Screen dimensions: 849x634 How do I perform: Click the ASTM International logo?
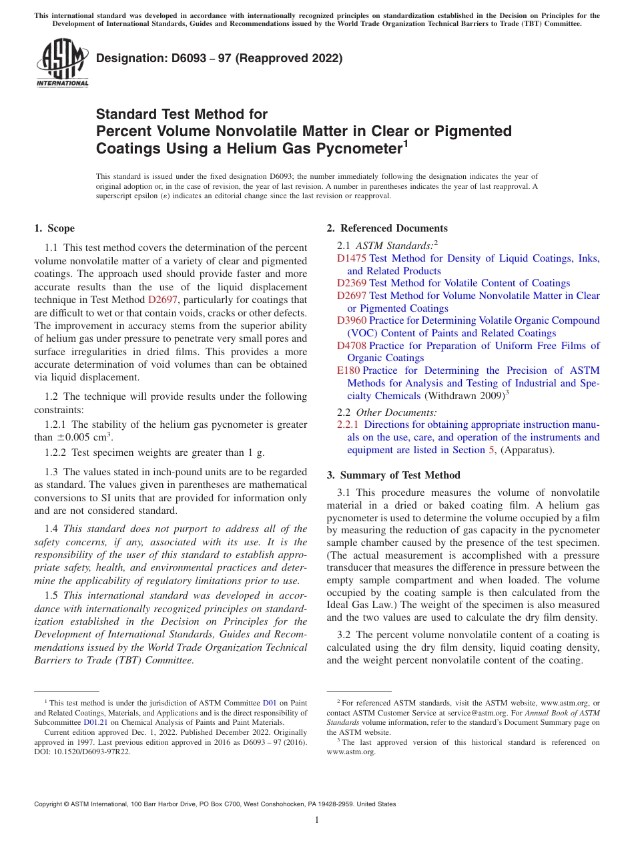click(61, 63)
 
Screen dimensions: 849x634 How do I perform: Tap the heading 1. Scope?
click(55, 228)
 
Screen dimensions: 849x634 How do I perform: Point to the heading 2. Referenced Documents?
click(387, 228)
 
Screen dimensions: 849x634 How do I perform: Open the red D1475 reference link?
click(352, 258)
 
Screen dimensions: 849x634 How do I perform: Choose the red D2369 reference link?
click(352, 283)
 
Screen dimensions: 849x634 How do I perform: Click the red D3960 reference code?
click(352, 320)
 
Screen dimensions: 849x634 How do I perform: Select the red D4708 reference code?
click(352, 345)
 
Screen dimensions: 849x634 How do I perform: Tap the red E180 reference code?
click(348, 370)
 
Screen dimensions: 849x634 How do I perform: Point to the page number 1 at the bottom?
click(317, 820)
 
